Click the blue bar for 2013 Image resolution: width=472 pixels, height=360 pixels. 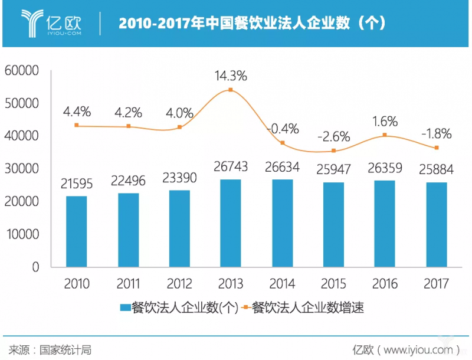231,223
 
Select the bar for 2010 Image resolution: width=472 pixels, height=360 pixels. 77,231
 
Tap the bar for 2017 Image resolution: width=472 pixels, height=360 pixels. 436,225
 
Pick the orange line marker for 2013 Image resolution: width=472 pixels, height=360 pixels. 231,90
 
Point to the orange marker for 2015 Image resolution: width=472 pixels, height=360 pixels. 333,151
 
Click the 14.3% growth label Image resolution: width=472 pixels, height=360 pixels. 231,76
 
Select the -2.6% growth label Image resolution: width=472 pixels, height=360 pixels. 333,136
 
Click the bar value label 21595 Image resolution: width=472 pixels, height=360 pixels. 77,184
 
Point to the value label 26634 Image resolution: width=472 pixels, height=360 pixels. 282,168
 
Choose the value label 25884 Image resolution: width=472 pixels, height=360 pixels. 436,170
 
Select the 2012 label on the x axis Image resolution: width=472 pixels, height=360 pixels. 179,284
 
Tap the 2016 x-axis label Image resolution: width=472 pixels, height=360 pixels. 385,284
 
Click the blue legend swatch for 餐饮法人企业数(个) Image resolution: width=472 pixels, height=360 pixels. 124,307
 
